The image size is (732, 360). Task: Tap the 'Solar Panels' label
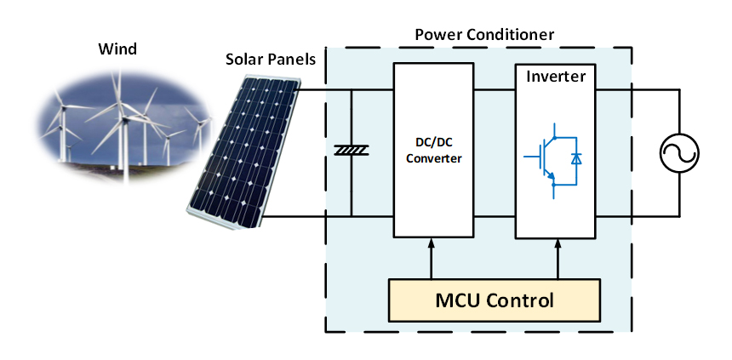point(270,60)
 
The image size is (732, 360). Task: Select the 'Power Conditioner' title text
point(483,35)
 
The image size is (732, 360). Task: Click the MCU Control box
point(495,300)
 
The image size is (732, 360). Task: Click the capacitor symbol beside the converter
point(350,151)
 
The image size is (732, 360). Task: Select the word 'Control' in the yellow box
point(522,300)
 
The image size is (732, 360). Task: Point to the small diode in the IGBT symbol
point(576,158)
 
